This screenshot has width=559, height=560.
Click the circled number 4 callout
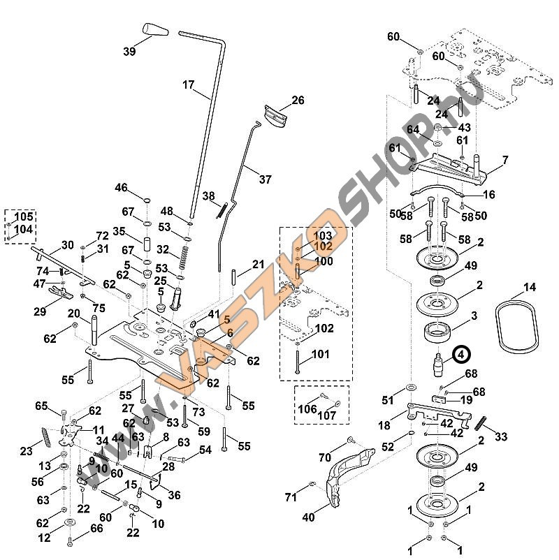pos(461,355)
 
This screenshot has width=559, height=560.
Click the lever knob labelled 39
pos(156,29)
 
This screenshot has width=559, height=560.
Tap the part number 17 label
pos(189,85)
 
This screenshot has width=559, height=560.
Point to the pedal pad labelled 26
pos(276,116)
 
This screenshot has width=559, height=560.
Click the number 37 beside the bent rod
pos(266,179)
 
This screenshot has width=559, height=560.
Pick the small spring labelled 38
pos(222,210)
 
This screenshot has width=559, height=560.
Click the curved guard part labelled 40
pos(349,477)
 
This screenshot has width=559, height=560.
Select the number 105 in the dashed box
pos(24,216)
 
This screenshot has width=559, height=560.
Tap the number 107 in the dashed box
pos(327,415)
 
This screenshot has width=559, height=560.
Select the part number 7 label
pos(504,160)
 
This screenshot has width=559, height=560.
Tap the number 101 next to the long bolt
pos(320,354)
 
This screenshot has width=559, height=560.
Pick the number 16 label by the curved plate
pos(489,195)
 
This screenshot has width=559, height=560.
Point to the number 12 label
pos(44,538)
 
